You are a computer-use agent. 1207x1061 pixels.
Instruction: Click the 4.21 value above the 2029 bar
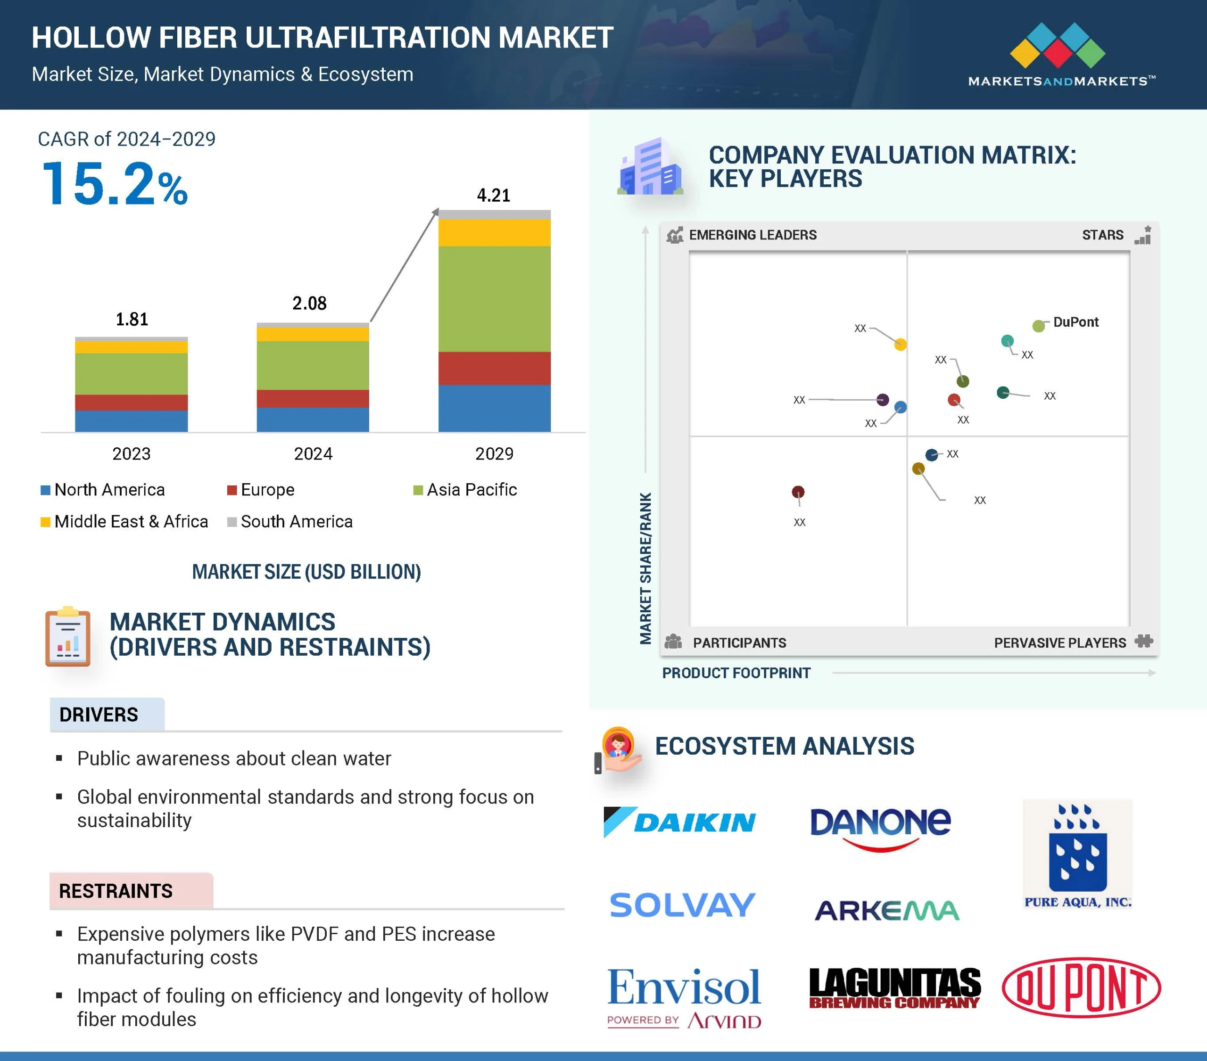coord(494,196)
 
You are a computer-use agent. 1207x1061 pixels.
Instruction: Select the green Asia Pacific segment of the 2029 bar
coord(494,299)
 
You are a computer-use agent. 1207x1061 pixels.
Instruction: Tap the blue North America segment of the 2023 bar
coord(131,421)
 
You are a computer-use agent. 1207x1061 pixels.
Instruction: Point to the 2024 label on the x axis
coord(313,453)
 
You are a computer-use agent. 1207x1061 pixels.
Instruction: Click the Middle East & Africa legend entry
coord(124,521)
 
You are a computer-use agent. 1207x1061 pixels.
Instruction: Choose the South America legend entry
coord(290,521)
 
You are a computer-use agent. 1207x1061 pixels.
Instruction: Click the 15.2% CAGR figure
coord(115,184)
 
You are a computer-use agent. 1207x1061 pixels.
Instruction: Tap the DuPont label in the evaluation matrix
coord(1076,322)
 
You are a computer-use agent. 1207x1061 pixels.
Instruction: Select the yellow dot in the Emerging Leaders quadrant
coord(900,344)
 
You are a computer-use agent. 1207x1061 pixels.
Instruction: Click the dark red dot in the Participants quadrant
coord(798,492)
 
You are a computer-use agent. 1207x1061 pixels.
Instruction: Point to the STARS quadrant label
coord(1102,235)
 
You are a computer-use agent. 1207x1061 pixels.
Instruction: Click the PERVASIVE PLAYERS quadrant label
coord(1060,643)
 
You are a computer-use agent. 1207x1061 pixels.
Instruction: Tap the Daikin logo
coord(680,822)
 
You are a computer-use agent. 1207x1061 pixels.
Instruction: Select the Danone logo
coord(880,828)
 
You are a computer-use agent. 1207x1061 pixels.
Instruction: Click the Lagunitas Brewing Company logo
coord(894,988)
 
